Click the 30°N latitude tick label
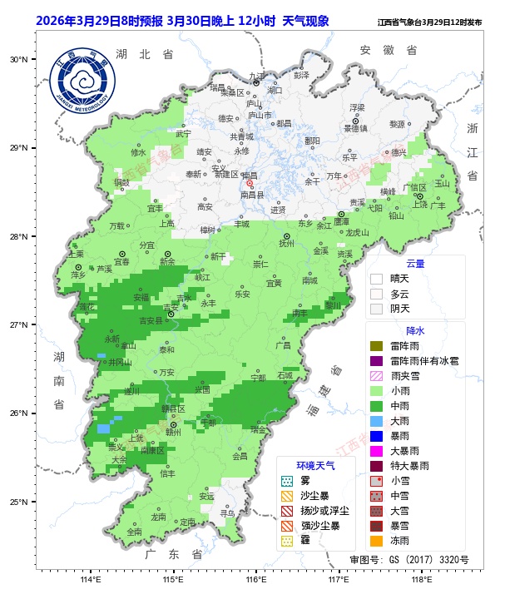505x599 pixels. click(19, 60)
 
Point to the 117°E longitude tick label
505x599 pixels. click(339, 580)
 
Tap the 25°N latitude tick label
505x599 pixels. click(19, 502)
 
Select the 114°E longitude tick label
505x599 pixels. click(91, 580)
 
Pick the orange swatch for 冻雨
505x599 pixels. click(376, 541)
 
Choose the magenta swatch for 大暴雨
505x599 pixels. click(376, 450)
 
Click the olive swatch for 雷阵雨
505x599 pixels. click(376, 345)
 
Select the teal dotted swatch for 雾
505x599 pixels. click(287, 481)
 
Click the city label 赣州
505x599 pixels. click(173, 433)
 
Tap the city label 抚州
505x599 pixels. click(286, 244)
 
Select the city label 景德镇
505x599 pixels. click(356, 129)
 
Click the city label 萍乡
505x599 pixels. click(78, 275)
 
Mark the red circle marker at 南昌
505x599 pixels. click(249, 184)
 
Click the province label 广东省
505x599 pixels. click(173, 554)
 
